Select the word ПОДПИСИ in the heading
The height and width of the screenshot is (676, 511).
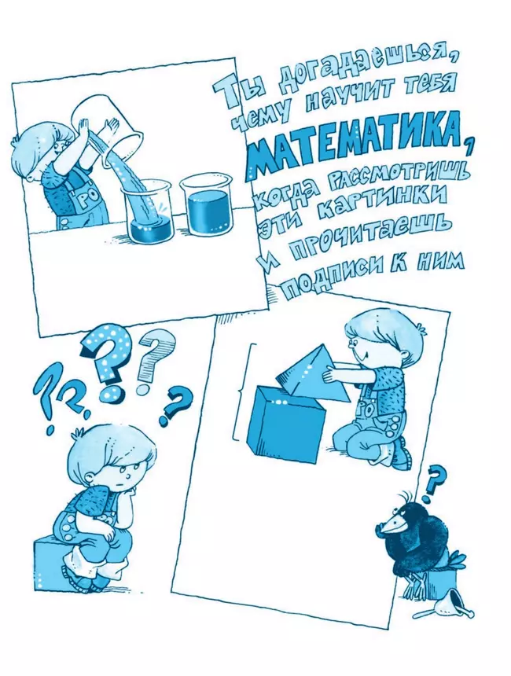[x=323, y=277]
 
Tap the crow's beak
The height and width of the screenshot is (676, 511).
[x=392, y=525]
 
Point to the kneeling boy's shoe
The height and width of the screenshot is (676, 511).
[x=401, y=454]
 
